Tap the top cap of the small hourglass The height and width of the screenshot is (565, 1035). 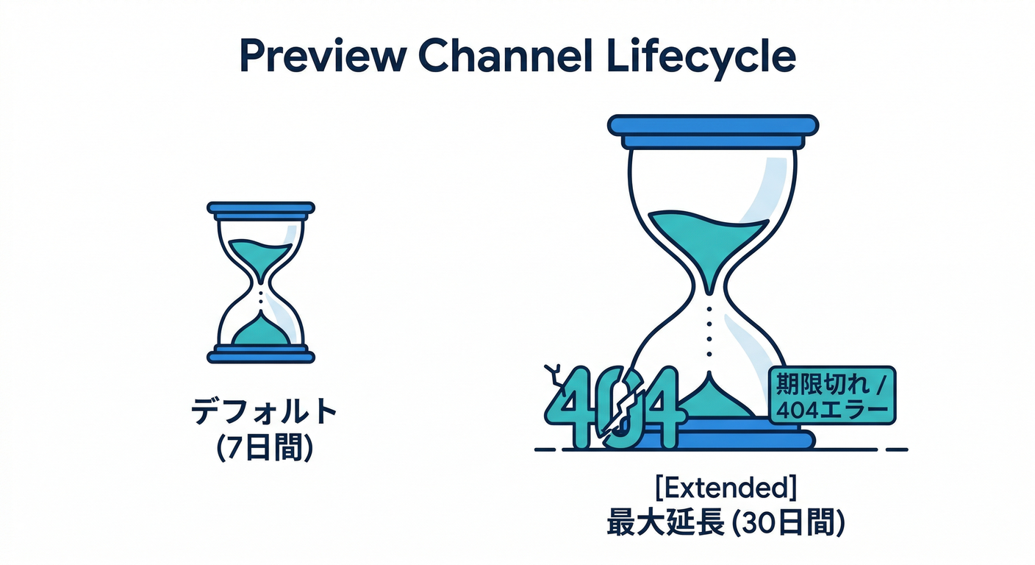click(x=261, y=208)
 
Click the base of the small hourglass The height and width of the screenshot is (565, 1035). click(x=261, y=357)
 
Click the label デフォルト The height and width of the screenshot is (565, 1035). click(x=264, y=413)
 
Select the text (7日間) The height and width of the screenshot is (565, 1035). click(x=264, y=448)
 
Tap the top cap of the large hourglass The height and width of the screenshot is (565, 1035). click(x=713, y=125)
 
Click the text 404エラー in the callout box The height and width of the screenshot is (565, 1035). click(x=831, y=408)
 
